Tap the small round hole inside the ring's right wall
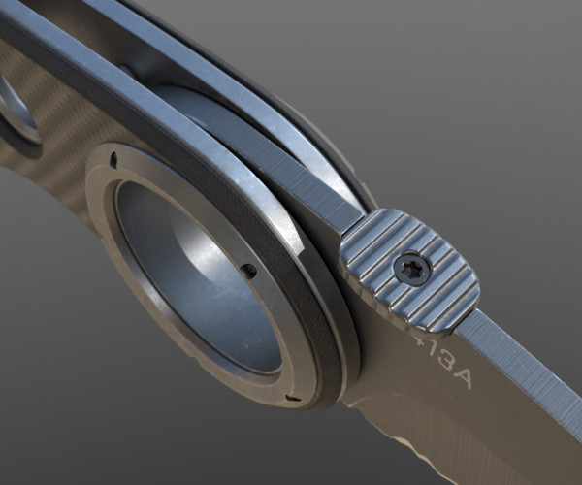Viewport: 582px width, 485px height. coord(249,271)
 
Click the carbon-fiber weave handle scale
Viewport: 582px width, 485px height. coord(58,184)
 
